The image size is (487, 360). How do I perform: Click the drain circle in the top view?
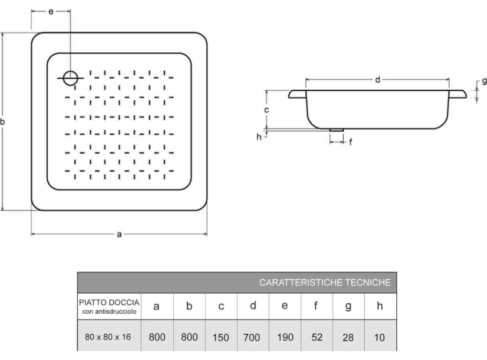point(70,78)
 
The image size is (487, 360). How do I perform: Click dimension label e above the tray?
point(50,12)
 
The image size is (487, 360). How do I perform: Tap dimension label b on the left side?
point(3,122)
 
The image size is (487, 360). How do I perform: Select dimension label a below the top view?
point(119,235)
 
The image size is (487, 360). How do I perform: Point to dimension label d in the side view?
point(377,80)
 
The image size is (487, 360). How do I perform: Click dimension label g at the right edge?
point(483,82)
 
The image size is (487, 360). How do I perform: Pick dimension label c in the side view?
point(267,110)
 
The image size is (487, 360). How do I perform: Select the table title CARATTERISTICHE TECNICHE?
point(325,283)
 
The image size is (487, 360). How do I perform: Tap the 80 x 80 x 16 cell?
point(109,337)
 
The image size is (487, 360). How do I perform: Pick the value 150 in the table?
point(220,337)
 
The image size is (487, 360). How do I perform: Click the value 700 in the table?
point(252,337)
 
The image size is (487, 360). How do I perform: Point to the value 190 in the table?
point(284,337)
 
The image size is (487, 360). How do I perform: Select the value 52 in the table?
point(316,337)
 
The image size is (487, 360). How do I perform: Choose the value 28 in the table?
point(348,337)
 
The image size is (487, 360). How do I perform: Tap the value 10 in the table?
point(380,337)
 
